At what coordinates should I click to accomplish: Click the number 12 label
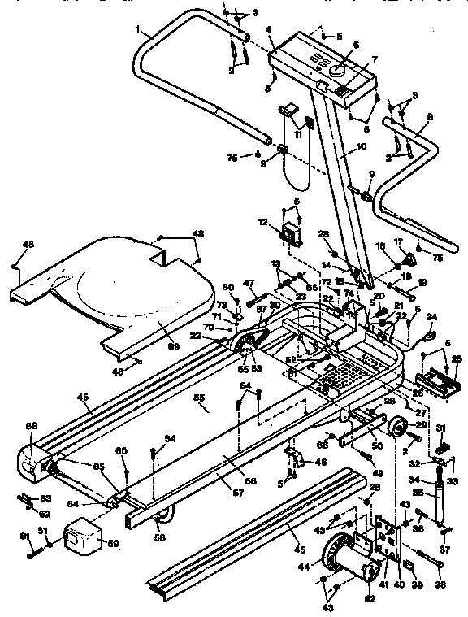pyautogui.click(x=262, y=221)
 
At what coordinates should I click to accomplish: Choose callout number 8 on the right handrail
pyautogui.click(x=430, y=117)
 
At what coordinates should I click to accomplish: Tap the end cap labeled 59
pyautogui.click(x=80, y=537)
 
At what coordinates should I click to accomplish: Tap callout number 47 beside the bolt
pyautogui.click(x=250, y=282)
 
